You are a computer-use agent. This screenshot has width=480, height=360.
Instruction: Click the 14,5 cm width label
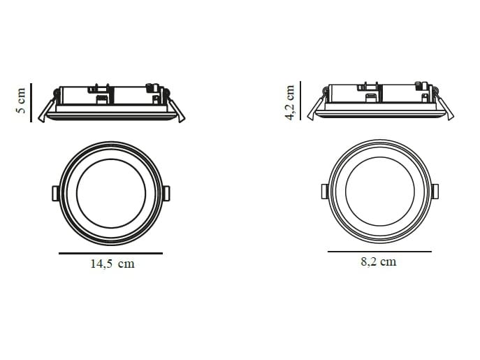(x=111, y=264)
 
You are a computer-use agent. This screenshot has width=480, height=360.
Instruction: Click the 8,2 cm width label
(x=379, y=261)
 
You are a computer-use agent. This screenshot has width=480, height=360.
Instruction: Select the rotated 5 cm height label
(x=20, y=101)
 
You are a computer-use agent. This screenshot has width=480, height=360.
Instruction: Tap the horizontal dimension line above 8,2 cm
(x=379, y=251)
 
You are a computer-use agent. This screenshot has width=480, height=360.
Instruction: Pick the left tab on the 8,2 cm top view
(x=324, y=191)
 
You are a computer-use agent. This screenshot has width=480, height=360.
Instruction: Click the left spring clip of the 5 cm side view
(x=45, y=109)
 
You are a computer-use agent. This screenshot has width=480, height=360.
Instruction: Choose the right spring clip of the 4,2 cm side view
(x=442, y=106)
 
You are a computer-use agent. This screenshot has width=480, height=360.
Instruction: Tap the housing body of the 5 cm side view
(x=112, y=96)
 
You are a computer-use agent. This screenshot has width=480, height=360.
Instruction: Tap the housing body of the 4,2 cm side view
(x=379, y=95)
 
